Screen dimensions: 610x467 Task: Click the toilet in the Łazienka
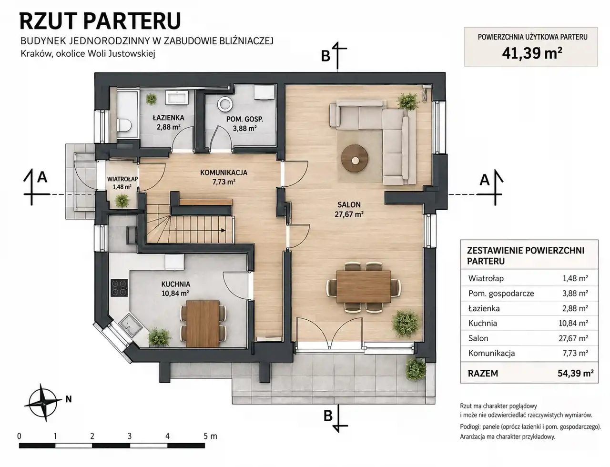124,125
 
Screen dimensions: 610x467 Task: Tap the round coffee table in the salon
355,158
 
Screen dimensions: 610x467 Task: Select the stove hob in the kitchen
119,288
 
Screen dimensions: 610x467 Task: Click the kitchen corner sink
131,325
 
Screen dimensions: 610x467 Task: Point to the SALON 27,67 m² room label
349,209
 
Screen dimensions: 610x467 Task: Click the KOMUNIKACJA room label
224,173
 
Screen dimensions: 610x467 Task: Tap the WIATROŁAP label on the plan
122,179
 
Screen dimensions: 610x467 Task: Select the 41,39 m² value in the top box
532,53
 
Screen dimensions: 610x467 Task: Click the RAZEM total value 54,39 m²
576,373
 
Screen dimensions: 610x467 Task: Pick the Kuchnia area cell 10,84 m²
573,323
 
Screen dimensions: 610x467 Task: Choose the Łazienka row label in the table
484,309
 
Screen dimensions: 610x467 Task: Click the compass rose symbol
43,403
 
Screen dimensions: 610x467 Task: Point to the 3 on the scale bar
130,436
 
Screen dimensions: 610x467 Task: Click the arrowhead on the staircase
223,231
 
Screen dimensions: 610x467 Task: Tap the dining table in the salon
364,286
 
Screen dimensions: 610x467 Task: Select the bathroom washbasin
177,97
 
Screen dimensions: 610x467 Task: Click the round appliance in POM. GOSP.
225,104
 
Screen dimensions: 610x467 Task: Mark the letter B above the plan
325,56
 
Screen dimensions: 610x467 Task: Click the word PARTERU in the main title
132,21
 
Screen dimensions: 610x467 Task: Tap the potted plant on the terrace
416,369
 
